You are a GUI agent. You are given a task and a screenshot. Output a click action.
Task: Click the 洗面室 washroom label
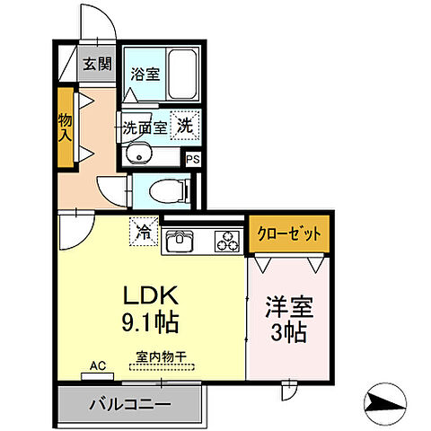point(145,128)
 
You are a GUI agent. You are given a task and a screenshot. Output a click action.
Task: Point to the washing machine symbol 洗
point(185,126)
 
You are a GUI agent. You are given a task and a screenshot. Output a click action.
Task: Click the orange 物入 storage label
point(66,126)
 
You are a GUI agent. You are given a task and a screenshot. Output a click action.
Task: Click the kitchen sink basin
point(179,241)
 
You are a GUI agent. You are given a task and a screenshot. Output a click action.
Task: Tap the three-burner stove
point(227,241)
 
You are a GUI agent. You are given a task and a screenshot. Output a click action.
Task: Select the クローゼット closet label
point(290,233)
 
